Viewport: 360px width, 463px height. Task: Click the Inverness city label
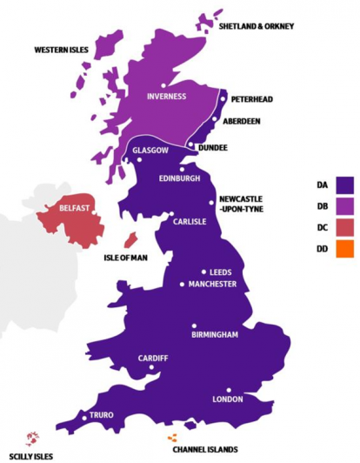point(166,96)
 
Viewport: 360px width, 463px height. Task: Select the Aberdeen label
point(241,121)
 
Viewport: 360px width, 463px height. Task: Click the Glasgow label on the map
point(150,151)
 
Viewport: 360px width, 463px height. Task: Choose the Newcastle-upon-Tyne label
point(240,204)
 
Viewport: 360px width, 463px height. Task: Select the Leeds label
point(221,272)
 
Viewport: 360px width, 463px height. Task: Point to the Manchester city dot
point(183,284)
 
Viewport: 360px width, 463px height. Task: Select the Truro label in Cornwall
point(102,416)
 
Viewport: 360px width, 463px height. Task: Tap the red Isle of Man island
point(130,238)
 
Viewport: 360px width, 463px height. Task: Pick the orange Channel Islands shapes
point(171,438)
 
